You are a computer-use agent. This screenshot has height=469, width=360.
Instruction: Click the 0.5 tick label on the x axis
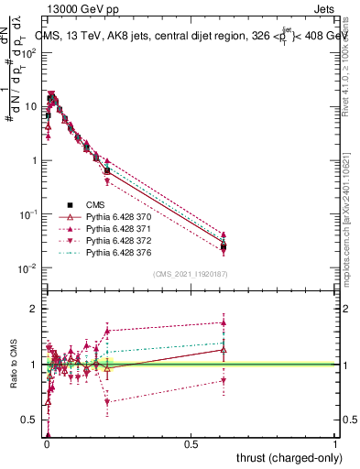[191, 444]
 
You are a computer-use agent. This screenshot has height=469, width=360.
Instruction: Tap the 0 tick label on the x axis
[46, 444]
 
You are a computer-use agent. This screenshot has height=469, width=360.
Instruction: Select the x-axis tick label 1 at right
[335, 444]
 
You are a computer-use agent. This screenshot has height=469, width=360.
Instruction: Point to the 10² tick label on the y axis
[30, 52]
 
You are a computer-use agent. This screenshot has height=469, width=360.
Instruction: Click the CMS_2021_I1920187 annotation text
[191, 274]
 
